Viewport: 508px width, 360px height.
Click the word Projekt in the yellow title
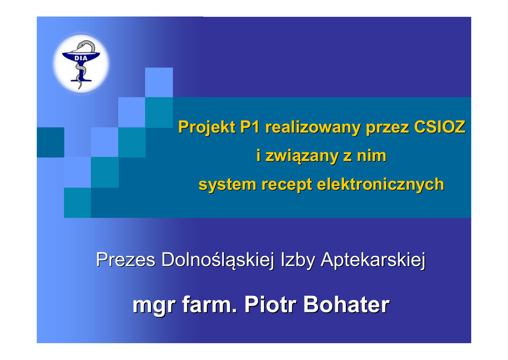coord(206,127)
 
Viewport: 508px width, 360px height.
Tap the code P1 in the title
coord(250,127)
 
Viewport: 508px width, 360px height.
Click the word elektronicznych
coord(381,185)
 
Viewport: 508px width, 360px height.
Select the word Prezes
coord(126,260)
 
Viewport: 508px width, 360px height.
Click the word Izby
coord(298,260)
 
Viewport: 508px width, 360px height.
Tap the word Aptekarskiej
coord(373,260)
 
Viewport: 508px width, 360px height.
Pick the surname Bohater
coord(346,304)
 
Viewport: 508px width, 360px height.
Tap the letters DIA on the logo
coord(81,59)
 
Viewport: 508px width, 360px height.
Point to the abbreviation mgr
coord(154,306)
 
